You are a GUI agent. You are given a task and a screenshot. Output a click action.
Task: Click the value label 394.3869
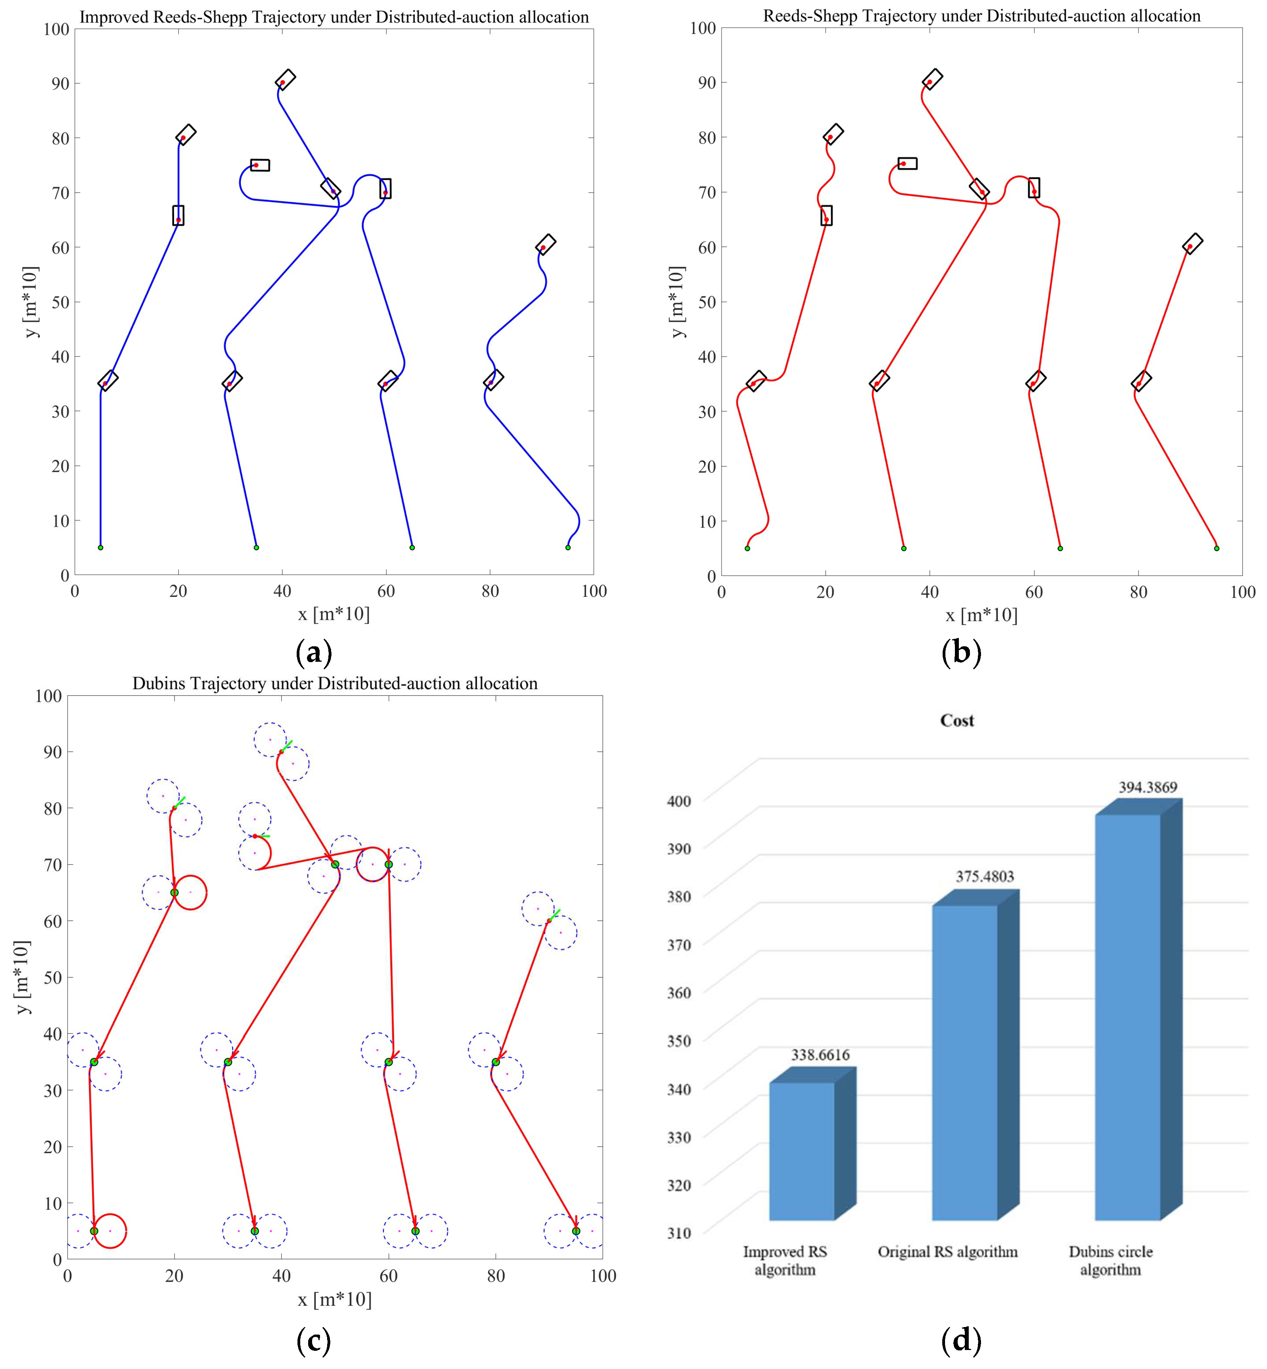tap(1148, 787)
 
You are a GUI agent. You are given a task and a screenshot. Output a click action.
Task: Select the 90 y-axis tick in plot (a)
tap(61, 83)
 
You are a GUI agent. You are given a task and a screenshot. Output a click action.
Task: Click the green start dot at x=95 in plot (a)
tap(568, 547)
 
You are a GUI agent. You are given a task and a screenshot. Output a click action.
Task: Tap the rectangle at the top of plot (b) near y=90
tap(932, 79)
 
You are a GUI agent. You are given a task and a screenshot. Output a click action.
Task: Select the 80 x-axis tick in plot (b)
tap(1138, 592)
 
